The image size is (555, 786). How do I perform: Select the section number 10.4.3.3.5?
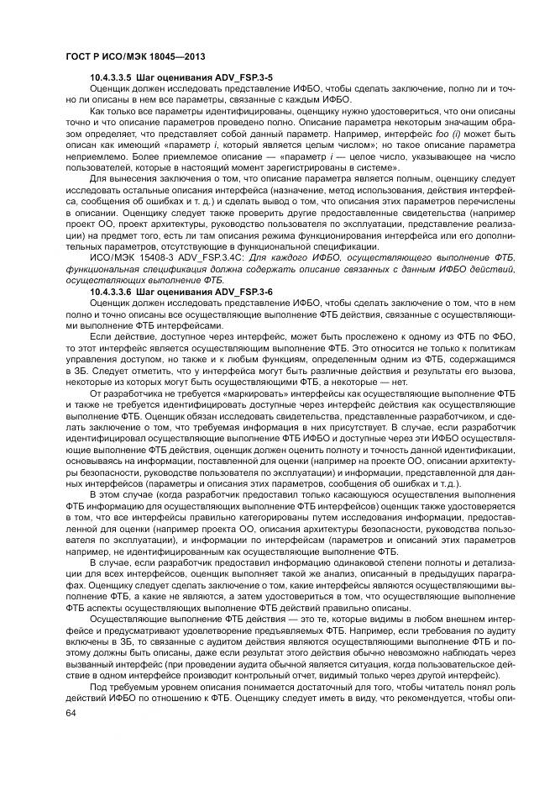(115, 77)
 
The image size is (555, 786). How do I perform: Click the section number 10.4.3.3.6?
(115, 290)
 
